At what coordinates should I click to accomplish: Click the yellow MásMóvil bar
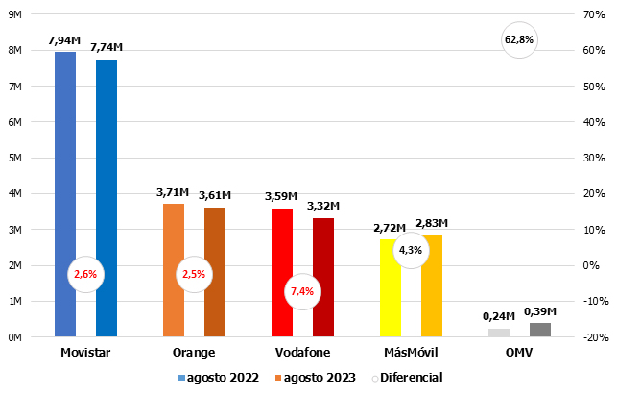click(388, 288)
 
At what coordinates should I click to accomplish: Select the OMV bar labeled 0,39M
click(540, 330)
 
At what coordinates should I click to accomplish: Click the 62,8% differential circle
click(519, 39)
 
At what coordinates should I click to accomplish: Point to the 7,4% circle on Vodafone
click(301, 291)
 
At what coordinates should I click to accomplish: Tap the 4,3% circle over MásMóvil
click(410, 250)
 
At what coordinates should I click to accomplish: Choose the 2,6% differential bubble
click(84, 274)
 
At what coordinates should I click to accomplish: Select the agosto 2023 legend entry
click(321, 378)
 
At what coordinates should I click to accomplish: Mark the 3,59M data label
click(281, 197)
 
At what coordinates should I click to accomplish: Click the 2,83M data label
click(432, 223)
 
